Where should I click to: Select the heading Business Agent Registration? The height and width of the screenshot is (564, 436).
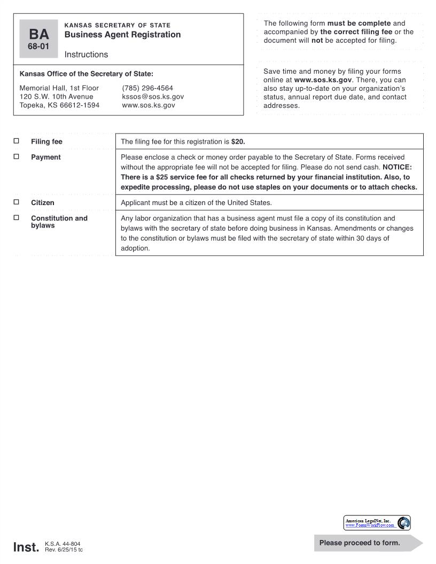[122, 35]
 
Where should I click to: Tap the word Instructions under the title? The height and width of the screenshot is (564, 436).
[86, 54]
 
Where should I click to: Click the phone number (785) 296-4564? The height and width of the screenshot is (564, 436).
[147, 88]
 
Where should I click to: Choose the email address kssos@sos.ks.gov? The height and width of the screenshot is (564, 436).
[153, 97]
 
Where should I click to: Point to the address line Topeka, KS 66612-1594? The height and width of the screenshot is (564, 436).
[59, 106]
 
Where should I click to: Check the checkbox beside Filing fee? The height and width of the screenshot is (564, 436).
[16, 142]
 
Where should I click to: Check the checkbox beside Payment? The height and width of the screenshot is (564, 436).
[16, 157]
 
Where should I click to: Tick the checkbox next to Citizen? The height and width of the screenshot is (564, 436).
[16, 202]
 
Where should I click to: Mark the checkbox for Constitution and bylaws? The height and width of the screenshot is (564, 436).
[16, 218]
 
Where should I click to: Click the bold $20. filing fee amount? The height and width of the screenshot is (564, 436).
[238, 142]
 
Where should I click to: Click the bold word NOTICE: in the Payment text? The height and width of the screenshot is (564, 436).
[397, 167]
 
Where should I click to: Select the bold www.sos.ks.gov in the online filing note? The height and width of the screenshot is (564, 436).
[323, 80]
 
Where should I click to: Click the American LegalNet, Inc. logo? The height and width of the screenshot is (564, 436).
[377, 522]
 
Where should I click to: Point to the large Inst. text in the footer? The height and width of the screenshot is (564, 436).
[26, 547]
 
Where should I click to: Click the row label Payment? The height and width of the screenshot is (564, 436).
[46, 157]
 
